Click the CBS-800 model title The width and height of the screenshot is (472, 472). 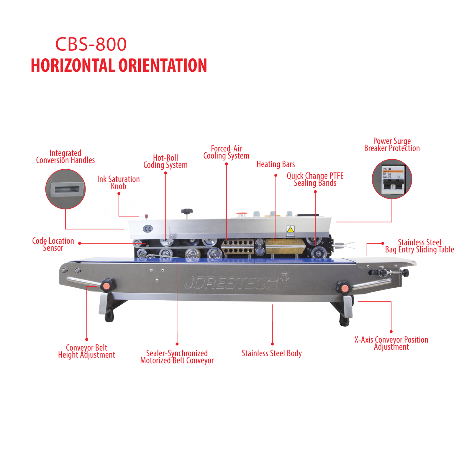coord(91,44)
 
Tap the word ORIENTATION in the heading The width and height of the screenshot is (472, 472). coord(163,65)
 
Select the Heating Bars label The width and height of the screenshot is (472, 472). coord(276,164)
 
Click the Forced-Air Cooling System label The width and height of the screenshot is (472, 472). coord(226,152)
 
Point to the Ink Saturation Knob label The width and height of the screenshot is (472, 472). coord(118,183)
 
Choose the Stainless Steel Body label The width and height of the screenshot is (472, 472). coord(271,353)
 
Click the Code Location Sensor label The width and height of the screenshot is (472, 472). coord(53,244)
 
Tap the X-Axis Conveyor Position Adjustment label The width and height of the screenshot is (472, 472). coord(391,343)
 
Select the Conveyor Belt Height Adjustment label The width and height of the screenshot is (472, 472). coord(86,351)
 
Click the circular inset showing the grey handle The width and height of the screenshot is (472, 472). coord(65,189)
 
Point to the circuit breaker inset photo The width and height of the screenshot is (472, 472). coord(392,179)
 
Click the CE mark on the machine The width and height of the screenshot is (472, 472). coord(148,229)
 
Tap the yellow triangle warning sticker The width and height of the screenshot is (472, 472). coord(290,230)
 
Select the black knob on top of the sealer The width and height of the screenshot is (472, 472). coord(186,211)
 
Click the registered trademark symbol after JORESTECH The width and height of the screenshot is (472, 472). coord(284,277)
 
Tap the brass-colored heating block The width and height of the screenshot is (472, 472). coord(285,247)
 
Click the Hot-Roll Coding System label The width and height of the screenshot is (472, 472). coord(165,161)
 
